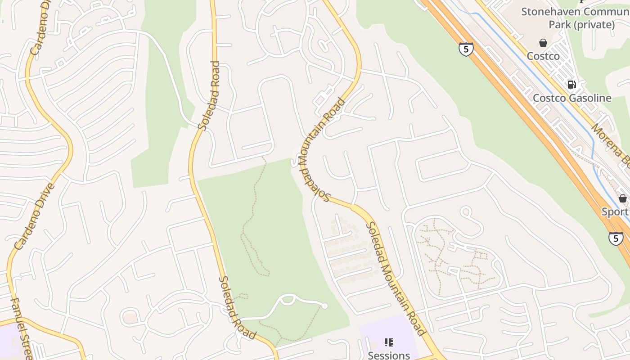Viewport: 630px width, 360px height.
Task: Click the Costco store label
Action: coord(543,56)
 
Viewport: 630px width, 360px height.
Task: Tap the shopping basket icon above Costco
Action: coord(543,43)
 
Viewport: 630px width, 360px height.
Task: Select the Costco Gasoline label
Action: coord(572,98)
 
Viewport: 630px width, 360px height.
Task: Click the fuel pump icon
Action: coord(571,84)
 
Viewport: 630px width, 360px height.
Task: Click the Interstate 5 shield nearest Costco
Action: coord(466,49)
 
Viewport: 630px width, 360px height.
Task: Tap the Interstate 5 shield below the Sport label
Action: coord(616,238)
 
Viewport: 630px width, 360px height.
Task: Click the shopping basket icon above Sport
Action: coord(623,198)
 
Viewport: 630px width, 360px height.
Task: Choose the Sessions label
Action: coord(389,355)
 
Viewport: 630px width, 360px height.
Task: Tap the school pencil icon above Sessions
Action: coord(389,342)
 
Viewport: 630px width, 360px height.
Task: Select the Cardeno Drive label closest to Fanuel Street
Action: coord(35,216)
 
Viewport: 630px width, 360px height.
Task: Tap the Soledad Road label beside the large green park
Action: coord(237,308)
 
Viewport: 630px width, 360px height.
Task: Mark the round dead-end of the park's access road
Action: coord(324,306)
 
